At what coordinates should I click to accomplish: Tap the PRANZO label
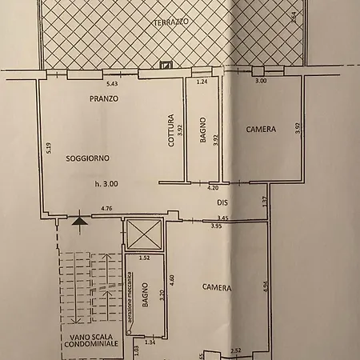pyautogui.click(x=104, y=98)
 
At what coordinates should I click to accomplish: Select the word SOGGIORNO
pyautogui.click(x=88, y=157)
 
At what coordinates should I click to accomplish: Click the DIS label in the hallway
pyautogui.click(x=223, y=202)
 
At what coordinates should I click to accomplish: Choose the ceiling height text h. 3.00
pyautogui.click(x=105, y=184)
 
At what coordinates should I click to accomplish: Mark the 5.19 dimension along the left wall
pyautogui.click(x=49, y=147)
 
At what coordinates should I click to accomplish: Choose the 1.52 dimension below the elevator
pyautogui.click(x=144, y=258)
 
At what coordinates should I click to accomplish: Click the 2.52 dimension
pyautogui.click(x=236, y=350)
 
